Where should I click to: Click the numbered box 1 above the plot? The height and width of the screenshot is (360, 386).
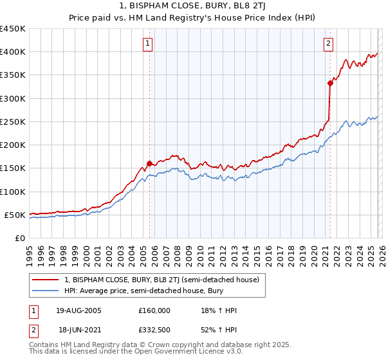tap(147, 44)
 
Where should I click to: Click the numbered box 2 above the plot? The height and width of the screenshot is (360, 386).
tap(328, 44)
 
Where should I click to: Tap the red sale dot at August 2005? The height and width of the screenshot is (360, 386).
tap(149, 163)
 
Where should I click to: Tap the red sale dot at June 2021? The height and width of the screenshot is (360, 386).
tap(330, 83)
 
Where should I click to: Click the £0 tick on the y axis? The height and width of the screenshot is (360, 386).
tap(19, 238)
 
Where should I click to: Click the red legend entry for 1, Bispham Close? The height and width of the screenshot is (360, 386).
tap(161, 280)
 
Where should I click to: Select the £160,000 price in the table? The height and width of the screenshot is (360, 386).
tap(154, 310)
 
